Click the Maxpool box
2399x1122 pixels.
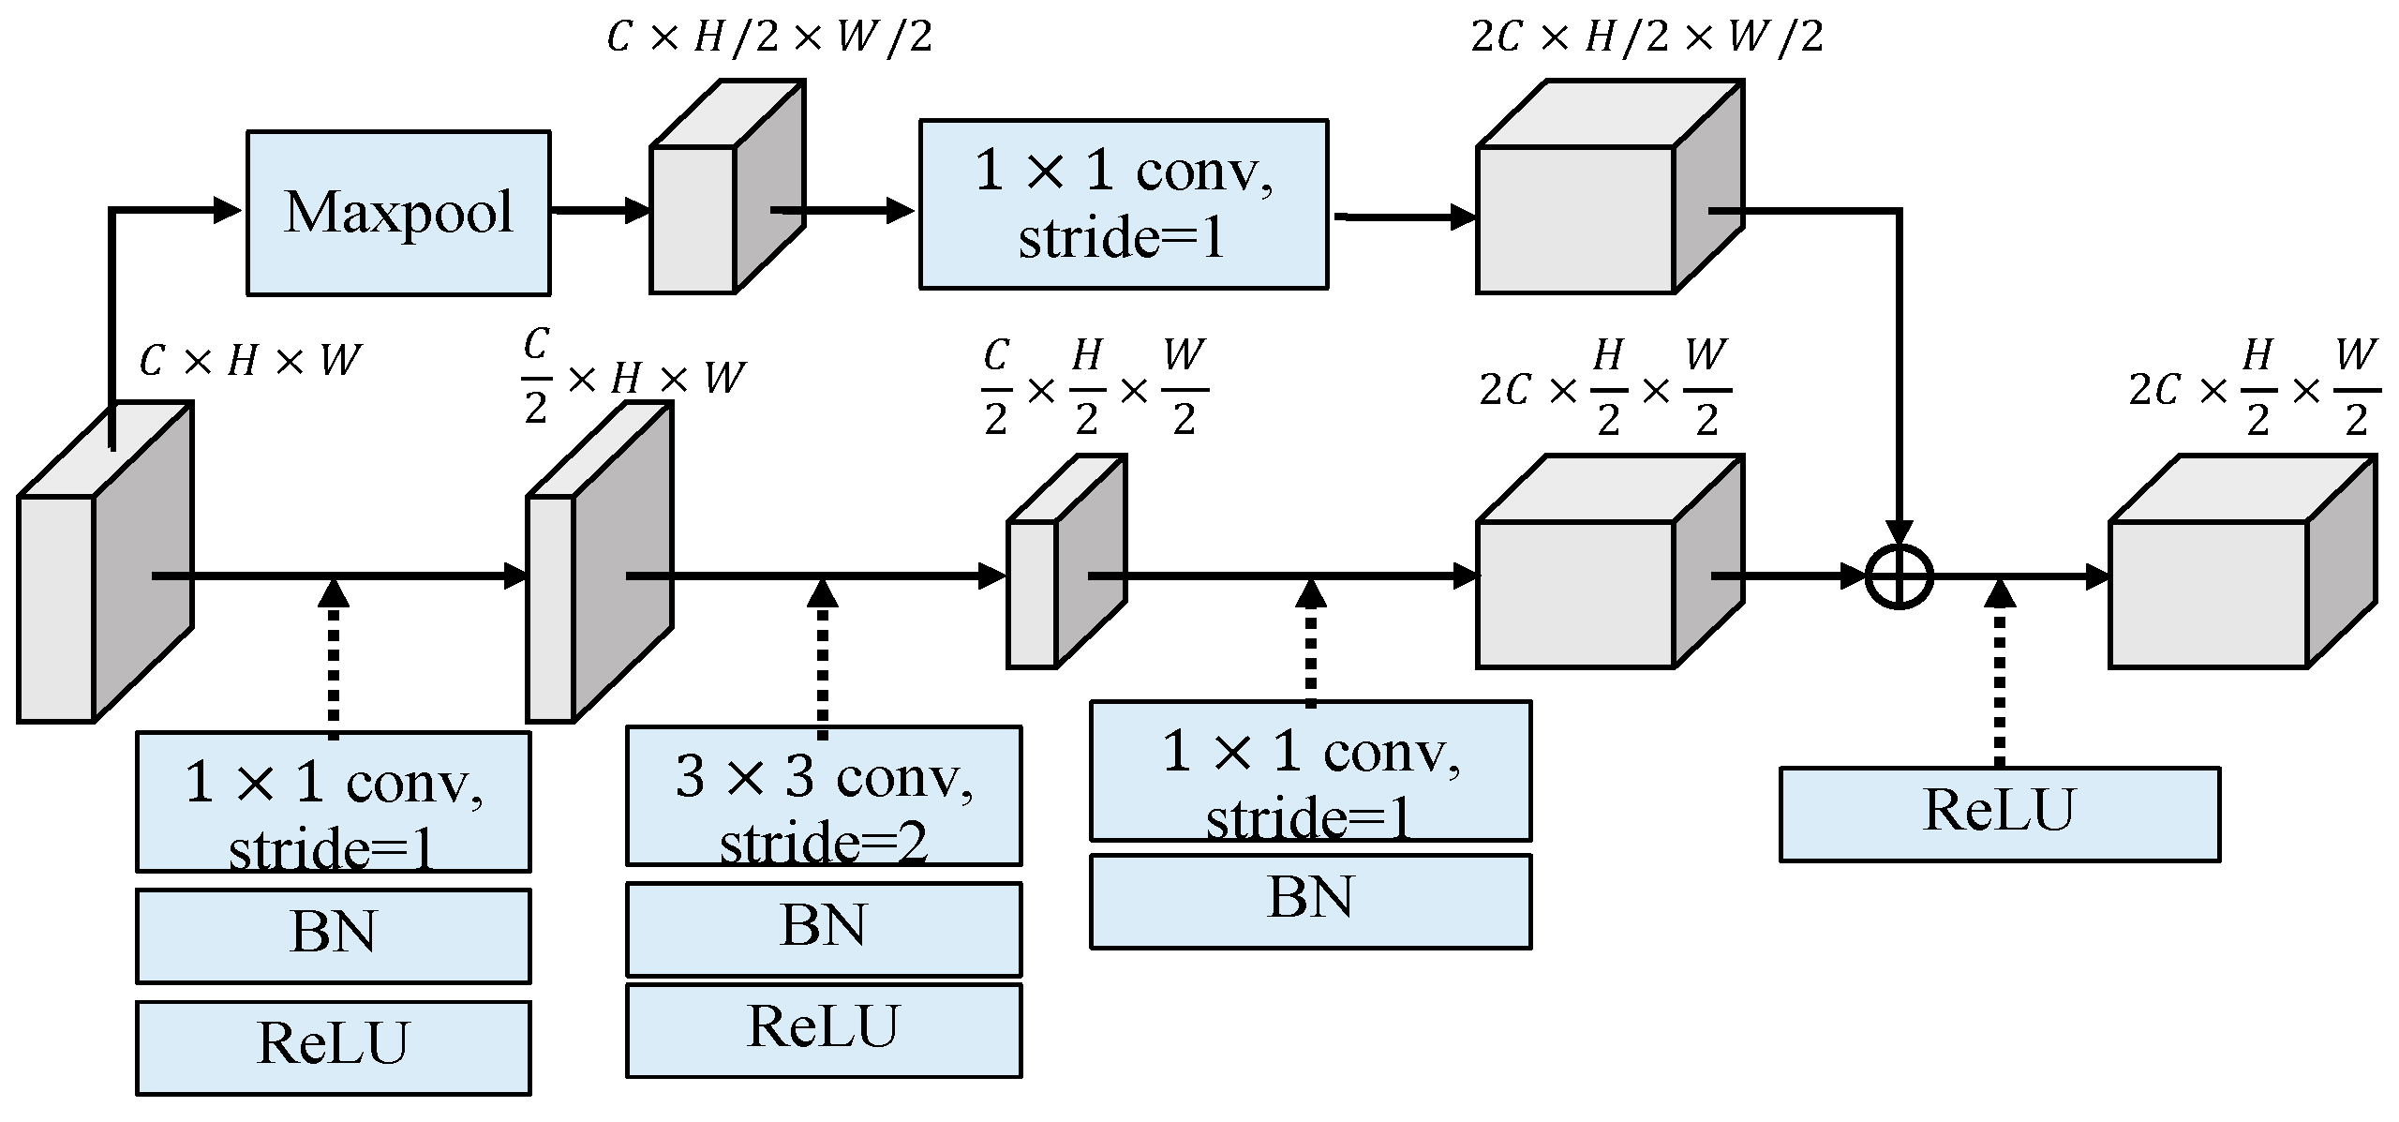[x=398, y=213]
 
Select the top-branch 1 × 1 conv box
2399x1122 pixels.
[x=1124, y=203]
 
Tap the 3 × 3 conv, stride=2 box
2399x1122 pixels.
[x=824, y=796]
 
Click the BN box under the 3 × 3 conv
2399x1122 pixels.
[x=824, y=929]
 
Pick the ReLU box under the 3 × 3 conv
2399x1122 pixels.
[x=824, y=1029]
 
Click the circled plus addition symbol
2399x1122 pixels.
[x=1899, y=576]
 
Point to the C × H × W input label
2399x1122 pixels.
[x=249, y=360]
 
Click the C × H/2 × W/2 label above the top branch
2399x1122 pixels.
[x=769, y=37]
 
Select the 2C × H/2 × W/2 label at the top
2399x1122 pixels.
[x=1647, y=37]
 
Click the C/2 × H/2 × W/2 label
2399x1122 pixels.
[x=1095, y=387]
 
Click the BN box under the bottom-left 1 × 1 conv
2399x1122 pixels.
[x=334, y=935]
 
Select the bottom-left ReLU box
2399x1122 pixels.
[x=334, y=1047]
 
